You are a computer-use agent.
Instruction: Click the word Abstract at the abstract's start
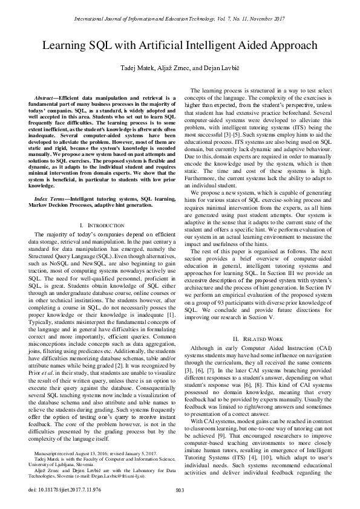click(48, 98)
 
